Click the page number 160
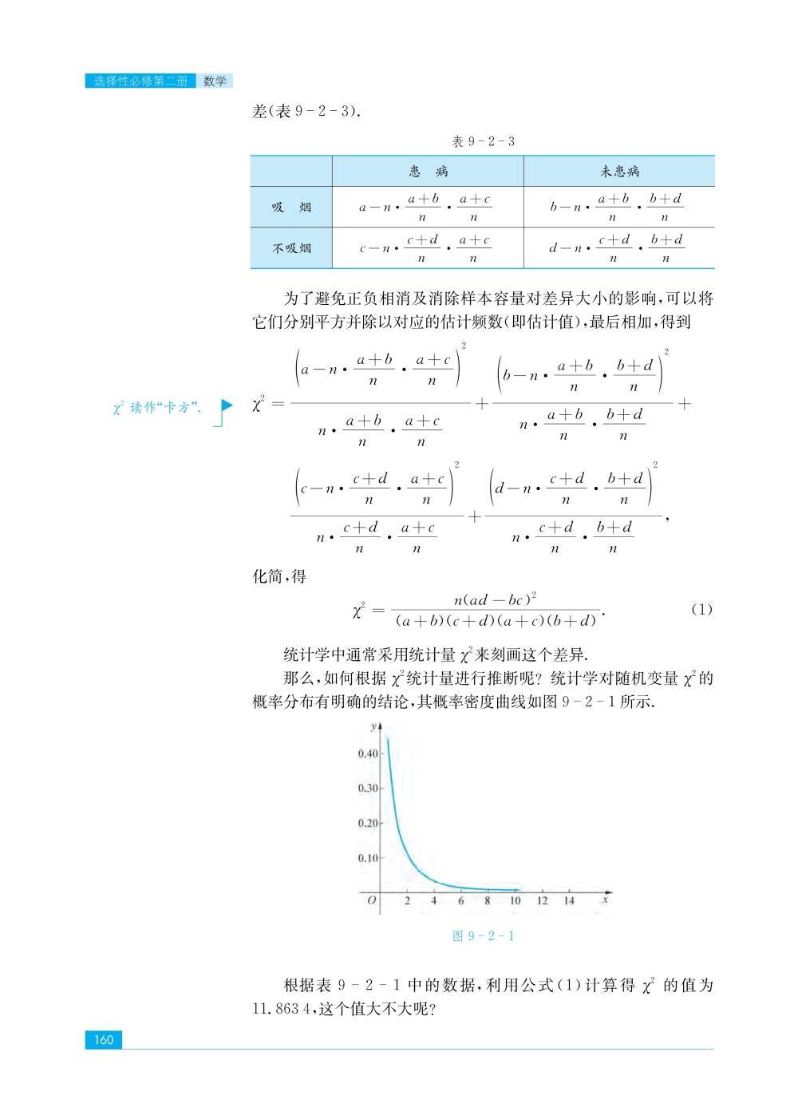coord(104,1039)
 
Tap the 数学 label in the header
coord(215,81)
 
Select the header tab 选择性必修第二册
coord(140,81)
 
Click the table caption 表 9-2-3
coord(483,141)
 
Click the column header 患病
coord(428,171)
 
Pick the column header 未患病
coord(619,171)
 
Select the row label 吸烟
coord(290,208)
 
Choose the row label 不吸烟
coord(290,248)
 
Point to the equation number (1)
coord(701,609)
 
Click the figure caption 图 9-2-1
coord(483,935)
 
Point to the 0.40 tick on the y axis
coord(368,753)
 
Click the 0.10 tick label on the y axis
coord(368,858)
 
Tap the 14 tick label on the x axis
coord(568,901)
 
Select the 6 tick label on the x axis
coord(460,901)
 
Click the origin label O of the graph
coord(371,901)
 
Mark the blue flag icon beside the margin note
coord(227,405)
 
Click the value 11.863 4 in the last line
coord(283,1008)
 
